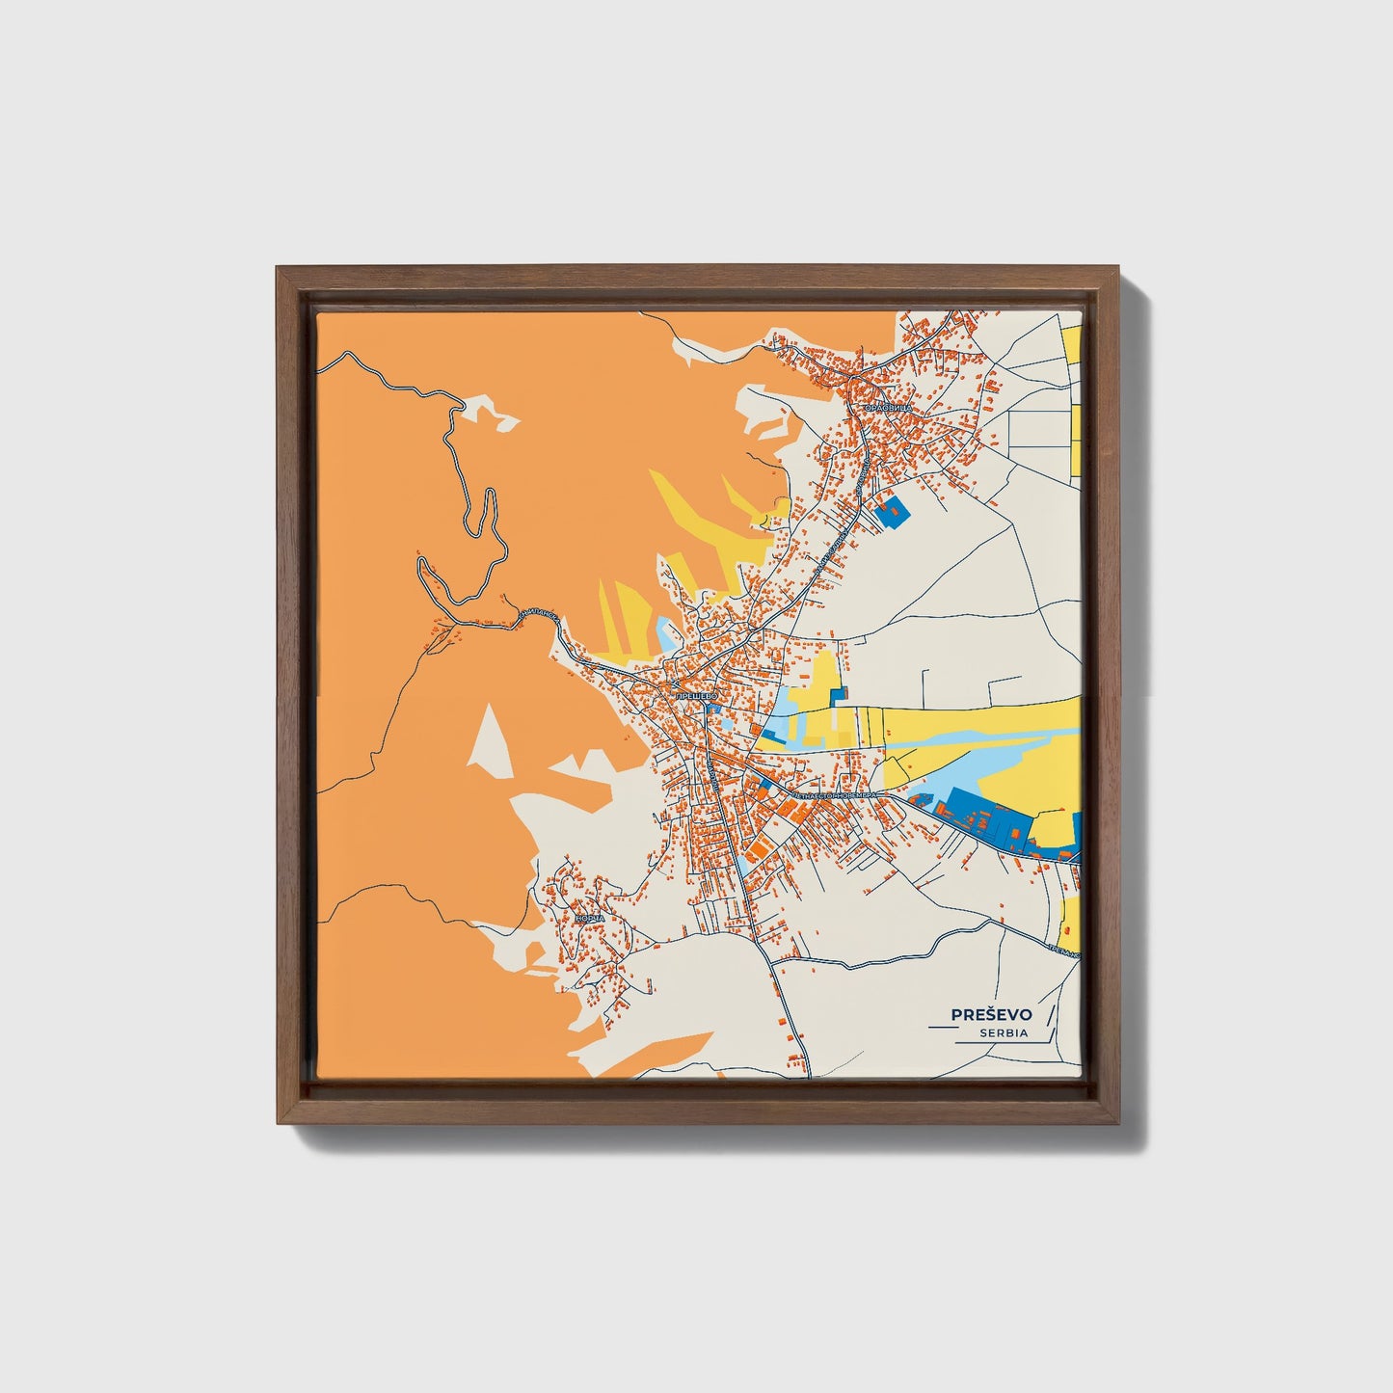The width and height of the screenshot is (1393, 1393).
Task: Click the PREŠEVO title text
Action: [991, 1014]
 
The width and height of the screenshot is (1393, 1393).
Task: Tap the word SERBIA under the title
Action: [1004, 1033]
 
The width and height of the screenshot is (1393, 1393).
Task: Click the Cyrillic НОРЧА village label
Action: [589, 919]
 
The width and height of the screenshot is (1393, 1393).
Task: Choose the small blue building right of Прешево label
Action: [713, 710]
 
